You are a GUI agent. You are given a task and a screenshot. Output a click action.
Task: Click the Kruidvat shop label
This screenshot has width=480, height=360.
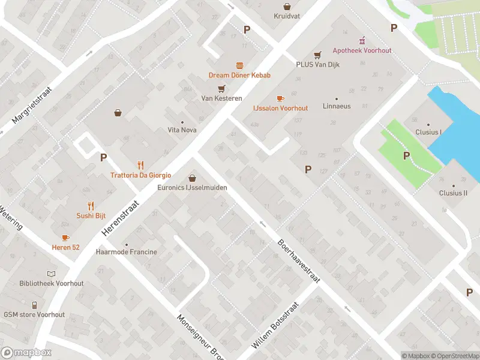tap(287, 17)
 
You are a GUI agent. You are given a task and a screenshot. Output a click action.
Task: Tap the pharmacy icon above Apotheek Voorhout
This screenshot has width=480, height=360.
tap(362, 41)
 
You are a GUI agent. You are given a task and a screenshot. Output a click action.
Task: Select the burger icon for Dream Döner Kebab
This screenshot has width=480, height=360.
tap(239, 65)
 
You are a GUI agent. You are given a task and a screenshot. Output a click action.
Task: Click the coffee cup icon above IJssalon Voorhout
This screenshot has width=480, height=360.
tap(280, 98)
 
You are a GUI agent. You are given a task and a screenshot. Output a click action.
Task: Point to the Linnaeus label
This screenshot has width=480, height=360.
tap(337, 106)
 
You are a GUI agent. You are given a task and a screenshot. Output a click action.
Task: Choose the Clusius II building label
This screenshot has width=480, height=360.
tap(452, 193)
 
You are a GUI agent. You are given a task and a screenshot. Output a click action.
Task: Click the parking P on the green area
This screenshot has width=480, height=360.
tap(406, 156)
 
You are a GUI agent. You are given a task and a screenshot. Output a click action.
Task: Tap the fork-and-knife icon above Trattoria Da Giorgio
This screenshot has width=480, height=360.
tap(141, 165)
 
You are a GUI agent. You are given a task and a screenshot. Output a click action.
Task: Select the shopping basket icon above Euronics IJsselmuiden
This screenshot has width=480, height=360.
tap(192, 178)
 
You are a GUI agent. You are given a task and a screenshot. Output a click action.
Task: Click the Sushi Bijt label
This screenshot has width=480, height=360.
tap(91, 215)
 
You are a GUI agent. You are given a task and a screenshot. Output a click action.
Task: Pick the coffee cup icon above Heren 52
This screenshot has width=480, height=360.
tap(65, 238)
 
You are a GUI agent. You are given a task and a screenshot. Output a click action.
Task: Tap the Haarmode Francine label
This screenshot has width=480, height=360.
tap(127, 252)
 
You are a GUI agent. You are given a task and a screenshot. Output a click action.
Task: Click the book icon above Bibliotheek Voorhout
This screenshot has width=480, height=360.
tap(51, 274)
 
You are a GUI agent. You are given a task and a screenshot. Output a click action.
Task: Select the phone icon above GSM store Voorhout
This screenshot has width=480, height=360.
tap(34, 305)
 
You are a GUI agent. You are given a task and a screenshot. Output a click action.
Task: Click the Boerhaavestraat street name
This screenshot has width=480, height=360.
tap(299, 262)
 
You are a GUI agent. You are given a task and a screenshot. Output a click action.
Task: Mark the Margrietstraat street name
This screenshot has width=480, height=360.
tap(32, 107)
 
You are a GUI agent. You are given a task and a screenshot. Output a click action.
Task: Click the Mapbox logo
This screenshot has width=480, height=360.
tap(26, 353)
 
